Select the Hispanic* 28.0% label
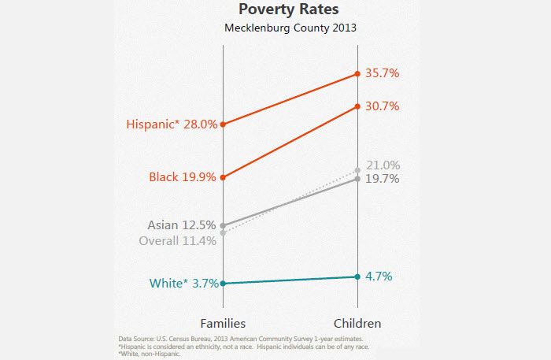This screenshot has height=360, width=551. coord(172,124)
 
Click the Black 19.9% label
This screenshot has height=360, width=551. coord(183,177)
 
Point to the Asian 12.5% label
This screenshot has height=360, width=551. coord(182,225)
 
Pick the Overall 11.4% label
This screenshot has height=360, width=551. coord(177,241)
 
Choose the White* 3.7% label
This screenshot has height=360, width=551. coord(183,284)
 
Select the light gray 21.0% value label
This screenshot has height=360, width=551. coord(383,165)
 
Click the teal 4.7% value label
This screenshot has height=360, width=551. coord(379,276)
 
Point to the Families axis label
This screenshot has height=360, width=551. coord(224,323)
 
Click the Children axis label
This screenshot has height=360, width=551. coord(357,323)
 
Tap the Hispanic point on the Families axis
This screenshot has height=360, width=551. coord(224,124)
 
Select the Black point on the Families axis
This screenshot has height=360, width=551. coord(224,177)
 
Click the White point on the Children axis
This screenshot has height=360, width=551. coord(358,276)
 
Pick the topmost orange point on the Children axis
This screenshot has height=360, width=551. coord(358,74)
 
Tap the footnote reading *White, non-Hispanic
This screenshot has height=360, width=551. coord(149,354)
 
